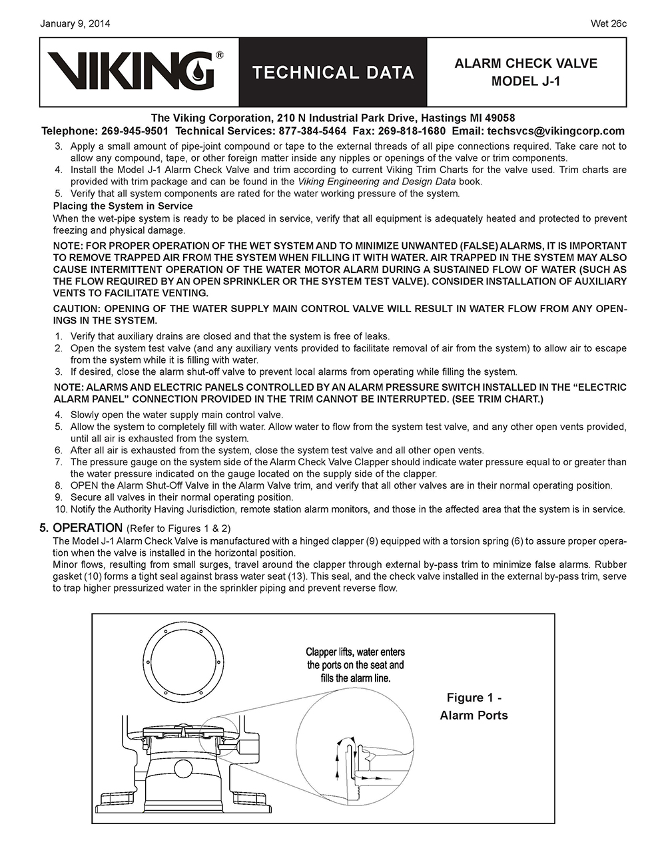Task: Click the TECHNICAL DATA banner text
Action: (x=333, y=73)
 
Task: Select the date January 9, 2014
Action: (x=75, y=24)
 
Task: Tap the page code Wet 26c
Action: (x=609, y=24)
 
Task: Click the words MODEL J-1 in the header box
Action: (x=525, y=81)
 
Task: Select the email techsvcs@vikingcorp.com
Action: (x=555, y=131)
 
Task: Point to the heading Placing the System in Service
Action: (x=123, y=206)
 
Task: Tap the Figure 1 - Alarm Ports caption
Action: (x=474, y=706)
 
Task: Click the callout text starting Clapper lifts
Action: (x=355, y=664)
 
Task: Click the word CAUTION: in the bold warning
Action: (x=77, y=309)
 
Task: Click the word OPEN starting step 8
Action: (x=83, y=486)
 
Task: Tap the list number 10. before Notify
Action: (x=61, y=509)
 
